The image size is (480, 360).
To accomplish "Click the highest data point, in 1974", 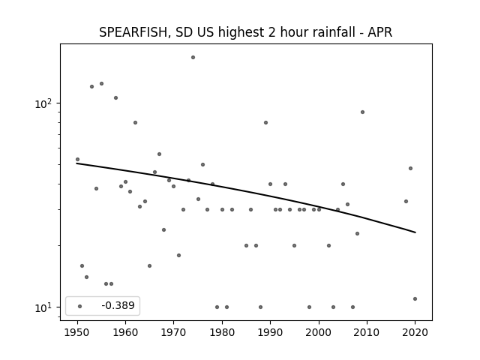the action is [x=193, y=57].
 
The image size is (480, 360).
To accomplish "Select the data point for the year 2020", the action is [x=415, y=298].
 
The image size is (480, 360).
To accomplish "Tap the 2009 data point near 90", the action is [x=362, y=112].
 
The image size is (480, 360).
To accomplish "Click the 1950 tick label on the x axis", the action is [x=77, y=332].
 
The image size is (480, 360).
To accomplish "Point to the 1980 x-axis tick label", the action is [x=222, y=332].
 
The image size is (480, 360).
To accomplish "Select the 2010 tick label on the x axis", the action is [x=367, y=332].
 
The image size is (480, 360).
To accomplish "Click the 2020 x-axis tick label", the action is [x=415, y=332].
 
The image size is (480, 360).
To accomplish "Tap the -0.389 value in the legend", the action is [x=118, y=305].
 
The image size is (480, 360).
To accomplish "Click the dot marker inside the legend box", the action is [x=80, y=306].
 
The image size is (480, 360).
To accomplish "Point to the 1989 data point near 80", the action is [x=265, y=122].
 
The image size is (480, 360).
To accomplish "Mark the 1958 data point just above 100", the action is [x=115, y=98].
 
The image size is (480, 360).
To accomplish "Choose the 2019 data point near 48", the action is [x=410, y=168].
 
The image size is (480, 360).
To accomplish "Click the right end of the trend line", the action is [x=415, y=232].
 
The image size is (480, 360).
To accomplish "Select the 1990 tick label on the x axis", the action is [x=270, y=332].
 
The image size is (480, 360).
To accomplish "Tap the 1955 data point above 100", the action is [x=101, y=83].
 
